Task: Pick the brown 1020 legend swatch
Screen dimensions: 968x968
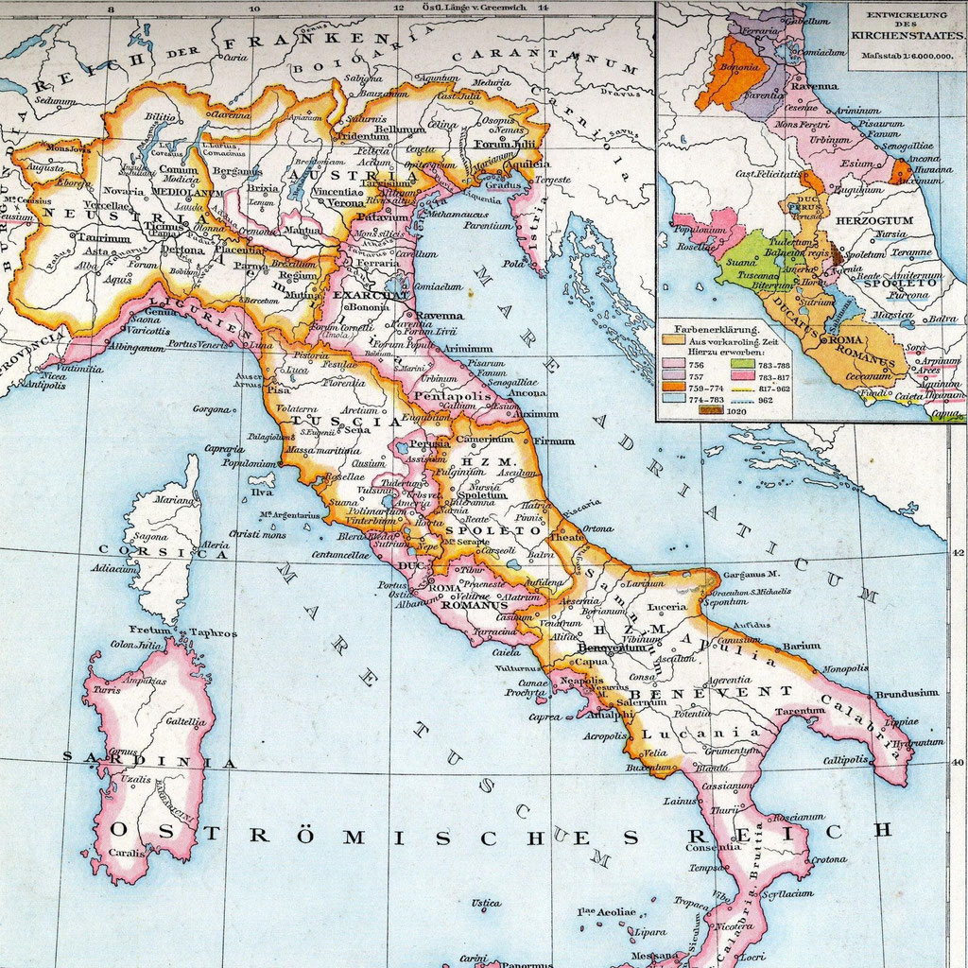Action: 708,410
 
